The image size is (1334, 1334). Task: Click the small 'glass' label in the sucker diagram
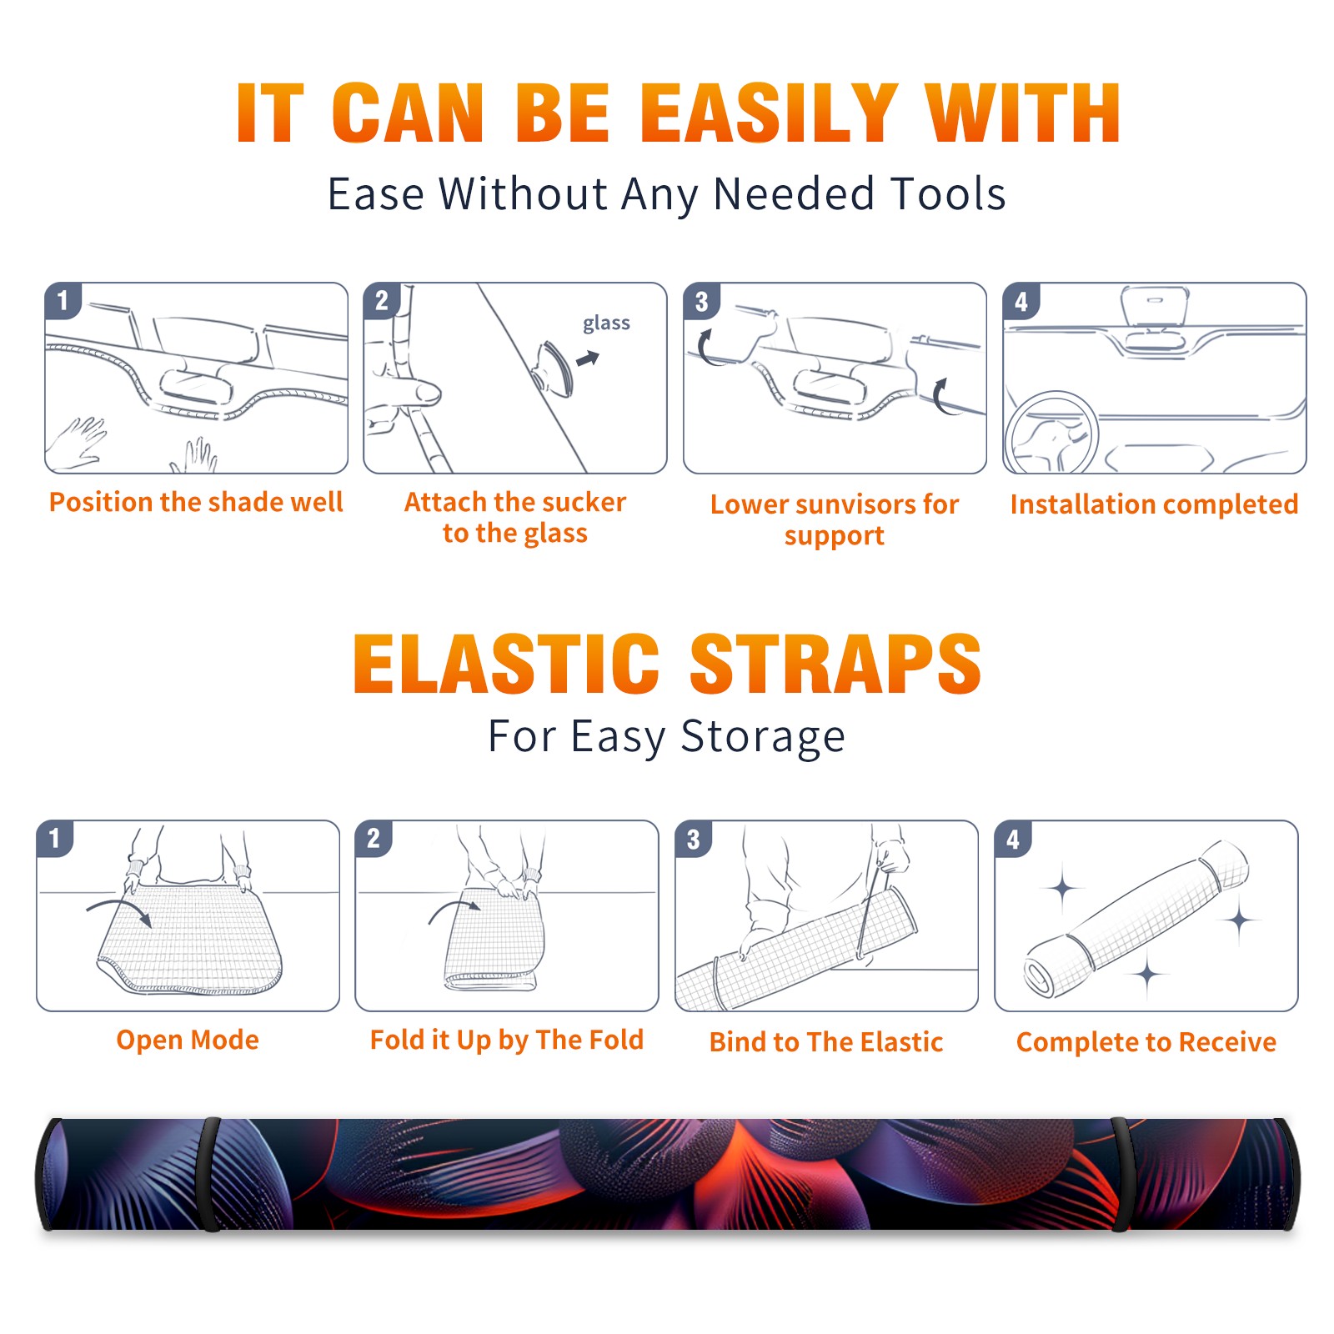(606, 323)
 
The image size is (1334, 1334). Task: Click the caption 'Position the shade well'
(196, 502)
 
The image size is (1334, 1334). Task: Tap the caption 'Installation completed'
(1154, 504)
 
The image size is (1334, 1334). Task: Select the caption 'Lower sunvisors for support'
(835, 519)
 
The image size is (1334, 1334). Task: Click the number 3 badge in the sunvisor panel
(701, 301)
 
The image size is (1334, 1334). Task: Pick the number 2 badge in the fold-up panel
(374, 838)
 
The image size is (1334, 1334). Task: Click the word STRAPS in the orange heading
(835, 664)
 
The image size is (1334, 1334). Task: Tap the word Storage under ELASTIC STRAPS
(763, 737)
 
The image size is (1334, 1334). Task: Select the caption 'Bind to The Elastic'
(825, 1042)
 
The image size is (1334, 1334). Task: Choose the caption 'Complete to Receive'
(1146, 1042)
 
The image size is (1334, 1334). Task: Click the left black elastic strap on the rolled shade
(211, 1174)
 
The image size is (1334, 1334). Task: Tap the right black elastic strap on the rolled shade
(1122, 1174)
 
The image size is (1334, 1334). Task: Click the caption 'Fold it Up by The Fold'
(507, 1040)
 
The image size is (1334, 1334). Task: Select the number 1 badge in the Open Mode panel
(55, 838)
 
